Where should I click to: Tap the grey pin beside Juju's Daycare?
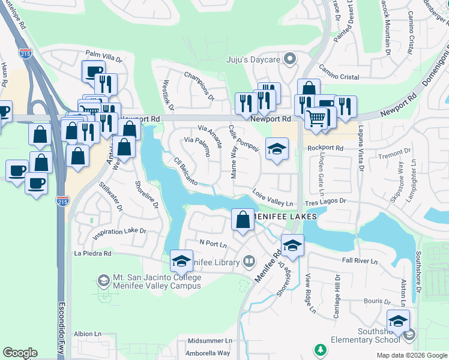coord(291,59)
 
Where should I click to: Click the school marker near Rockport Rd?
coord(277,149)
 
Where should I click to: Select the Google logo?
coord(20,353)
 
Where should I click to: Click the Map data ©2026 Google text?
coord(412,355)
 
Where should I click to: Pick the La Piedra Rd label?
coord(92,253)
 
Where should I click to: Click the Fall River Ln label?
coord(360,261)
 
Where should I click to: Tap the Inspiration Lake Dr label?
coord(119,231)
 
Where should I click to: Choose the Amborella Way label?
coord(208,353)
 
